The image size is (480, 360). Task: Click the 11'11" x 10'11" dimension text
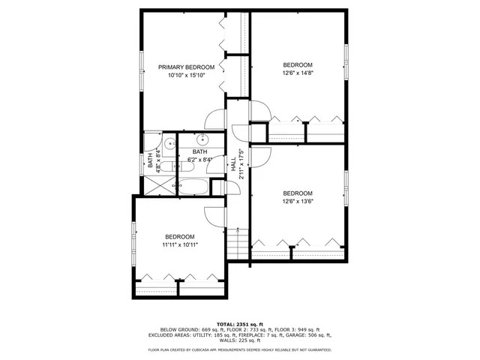(x=180, y=244)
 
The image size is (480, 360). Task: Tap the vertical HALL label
(x=233, y=163)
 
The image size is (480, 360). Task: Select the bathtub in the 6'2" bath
(x=194, y=186)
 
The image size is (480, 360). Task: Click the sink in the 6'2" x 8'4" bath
(x=202, y=139)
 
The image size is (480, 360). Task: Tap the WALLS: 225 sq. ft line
(x=240, y=340)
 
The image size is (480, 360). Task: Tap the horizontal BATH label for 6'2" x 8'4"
(x=199, y=152)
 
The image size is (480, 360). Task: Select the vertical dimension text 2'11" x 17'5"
(x=241, y=163)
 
